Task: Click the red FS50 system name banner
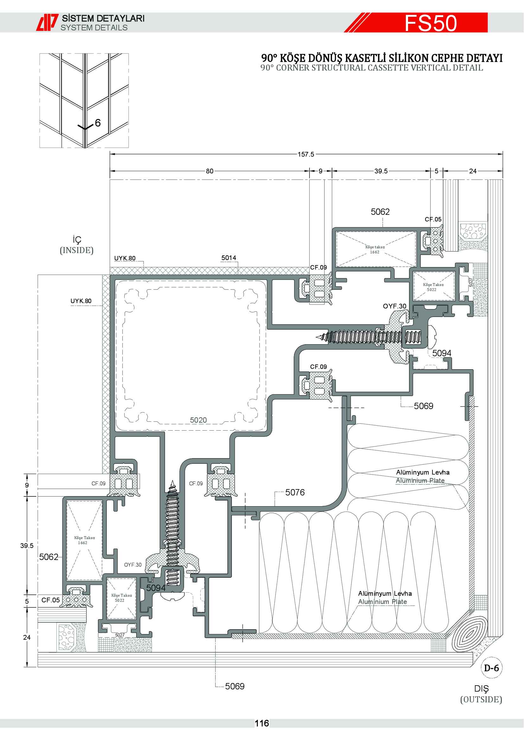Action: click(x=416, y=22)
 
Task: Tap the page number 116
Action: click(x=262, y=723)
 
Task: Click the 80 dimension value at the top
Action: click(x=210, y=171)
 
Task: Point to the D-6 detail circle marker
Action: click(x=491, y=668)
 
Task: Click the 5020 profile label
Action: click(x=198, y=420)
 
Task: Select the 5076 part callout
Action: click(x=295, y=492)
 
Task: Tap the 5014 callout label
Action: click(x=229, y=258)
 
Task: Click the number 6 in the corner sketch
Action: click(x=98, y=123)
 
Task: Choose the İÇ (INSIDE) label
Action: click(x=77, y=245)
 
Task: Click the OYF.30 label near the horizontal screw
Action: click(x=395, y=306)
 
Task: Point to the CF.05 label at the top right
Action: click(x=433, y=219)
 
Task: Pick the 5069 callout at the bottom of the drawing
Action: click(x=235, y=686)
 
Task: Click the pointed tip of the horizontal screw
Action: click(x=316, y=338)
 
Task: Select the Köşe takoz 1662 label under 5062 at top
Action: click(x=375, y=249)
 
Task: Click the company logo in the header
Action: click(x=47, y=22)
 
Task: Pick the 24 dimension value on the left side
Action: click(x=27, y=637)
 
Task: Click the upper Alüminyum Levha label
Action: click(x=423, y=472)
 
